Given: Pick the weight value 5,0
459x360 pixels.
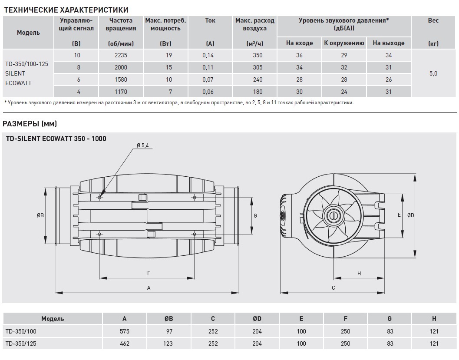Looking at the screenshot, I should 433,74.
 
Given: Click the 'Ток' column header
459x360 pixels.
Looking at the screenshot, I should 210,20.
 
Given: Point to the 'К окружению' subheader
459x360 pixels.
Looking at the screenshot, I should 343,43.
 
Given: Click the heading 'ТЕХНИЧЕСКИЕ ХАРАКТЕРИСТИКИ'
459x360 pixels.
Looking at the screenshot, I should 65,9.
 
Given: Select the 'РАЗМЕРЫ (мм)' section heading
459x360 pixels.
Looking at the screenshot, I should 30,124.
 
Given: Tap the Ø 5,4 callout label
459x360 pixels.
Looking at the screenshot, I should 142,146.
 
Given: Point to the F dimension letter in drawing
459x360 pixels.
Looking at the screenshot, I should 148,273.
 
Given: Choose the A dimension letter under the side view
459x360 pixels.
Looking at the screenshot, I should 149,287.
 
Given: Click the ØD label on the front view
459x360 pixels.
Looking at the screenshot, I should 411,215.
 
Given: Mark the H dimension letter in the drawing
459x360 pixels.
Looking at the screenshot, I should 359,273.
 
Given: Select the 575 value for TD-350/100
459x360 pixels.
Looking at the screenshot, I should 125,331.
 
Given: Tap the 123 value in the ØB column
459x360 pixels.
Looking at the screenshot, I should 168,343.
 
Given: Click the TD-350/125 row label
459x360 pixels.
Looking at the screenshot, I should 21,343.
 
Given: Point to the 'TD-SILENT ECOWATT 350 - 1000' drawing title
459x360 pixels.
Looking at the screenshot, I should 56,139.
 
